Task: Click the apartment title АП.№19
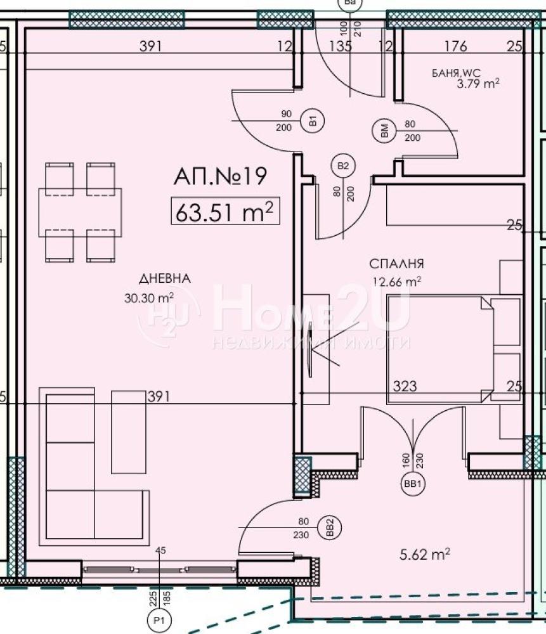point(220,176)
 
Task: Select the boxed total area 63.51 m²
point(225,210)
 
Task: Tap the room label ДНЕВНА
point(165,278)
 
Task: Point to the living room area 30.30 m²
point(149,298)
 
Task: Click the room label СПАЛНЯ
point(397,264)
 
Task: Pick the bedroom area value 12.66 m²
point(397,281)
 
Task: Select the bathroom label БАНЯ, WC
point(456,73)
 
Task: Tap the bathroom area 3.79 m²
point(478,84)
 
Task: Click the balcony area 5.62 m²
point(425,554)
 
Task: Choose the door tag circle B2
point(343,165)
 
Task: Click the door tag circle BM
point(384,131)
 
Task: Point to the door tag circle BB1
point(412,484)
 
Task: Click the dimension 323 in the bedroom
point(405,386)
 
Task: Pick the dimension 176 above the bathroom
point(456,46)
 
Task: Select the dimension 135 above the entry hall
point(340,46)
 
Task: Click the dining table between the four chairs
point(80,212)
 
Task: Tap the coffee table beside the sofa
point(129,432)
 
